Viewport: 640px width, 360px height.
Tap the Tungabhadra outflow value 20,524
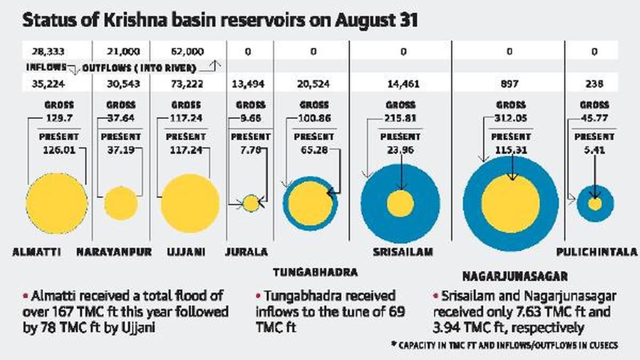coord(313,84)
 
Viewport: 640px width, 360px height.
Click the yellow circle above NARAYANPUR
coord(121,203)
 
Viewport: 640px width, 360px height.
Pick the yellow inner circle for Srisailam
coord(400,204)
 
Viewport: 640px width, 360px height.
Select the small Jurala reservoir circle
coord(251,203)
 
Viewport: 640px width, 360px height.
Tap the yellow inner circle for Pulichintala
coord(595,204)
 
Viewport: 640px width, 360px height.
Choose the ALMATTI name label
coord(36,252)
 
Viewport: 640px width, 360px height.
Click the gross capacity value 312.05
coord(510,118)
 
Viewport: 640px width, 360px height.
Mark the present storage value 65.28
coord(313,150)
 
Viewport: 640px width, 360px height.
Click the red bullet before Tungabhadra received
coord(258,295)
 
